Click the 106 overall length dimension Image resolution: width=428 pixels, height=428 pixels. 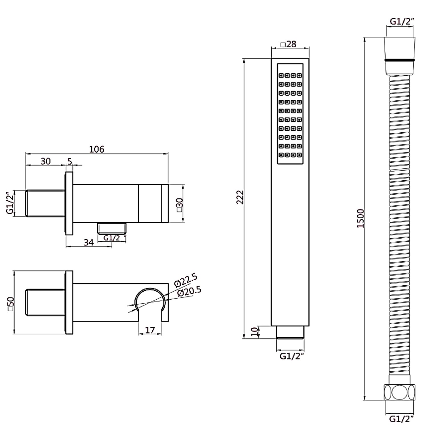point(97,149)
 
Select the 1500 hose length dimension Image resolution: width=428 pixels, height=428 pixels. point(361,218)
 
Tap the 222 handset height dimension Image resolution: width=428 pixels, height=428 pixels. point(240,197)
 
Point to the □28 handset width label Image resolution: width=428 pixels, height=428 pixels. point(288,44)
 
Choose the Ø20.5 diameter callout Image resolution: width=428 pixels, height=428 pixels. point(189,292)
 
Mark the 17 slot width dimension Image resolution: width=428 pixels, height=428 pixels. point(150,330)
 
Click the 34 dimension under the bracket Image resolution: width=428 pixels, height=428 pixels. point(89,243)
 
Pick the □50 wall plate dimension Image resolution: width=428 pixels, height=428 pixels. point(11,304)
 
